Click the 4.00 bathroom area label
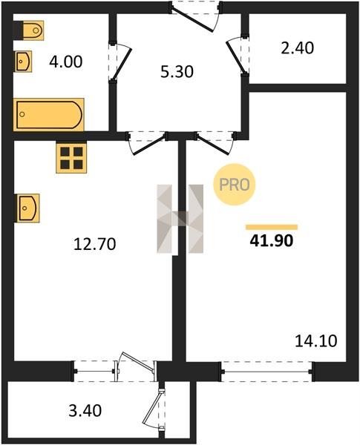[65, 62]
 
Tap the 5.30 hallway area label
[177, 71]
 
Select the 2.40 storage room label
[298, 48]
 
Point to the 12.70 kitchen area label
[94, 244]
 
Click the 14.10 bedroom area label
[316, 341]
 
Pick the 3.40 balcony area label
[85, 411]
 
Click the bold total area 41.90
[272, 241]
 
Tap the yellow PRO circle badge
[235, 185]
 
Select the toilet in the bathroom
[29, 30]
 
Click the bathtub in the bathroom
[49, 114]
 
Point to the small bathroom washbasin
[23, 62]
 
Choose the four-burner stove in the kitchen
[71, 158]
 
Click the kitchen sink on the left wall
[27, 208]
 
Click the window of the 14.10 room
[266, 372]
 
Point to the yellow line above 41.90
[272, 227]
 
